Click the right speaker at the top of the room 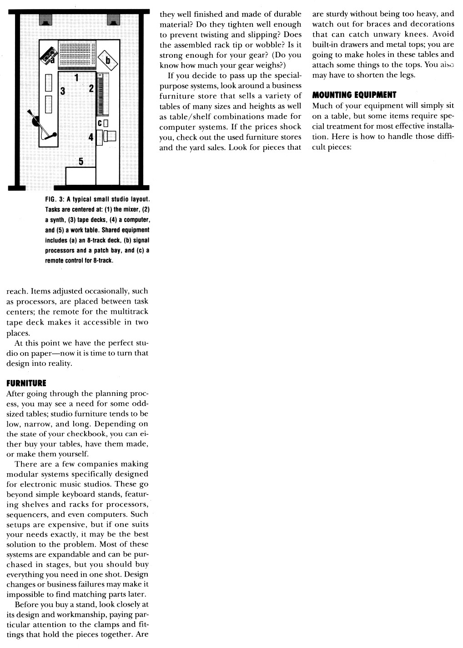(113, 20)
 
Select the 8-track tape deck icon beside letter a (48, 55)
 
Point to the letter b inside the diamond (108, 60)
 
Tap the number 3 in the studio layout (63, 91)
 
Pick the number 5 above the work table (81, 161)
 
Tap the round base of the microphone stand (35, 122)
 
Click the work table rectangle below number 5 (81, 176)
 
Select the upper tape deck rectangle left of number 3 (49, 82)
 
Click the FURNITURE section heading (26, 383)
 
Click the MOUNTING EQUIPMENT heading (354, 95)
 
